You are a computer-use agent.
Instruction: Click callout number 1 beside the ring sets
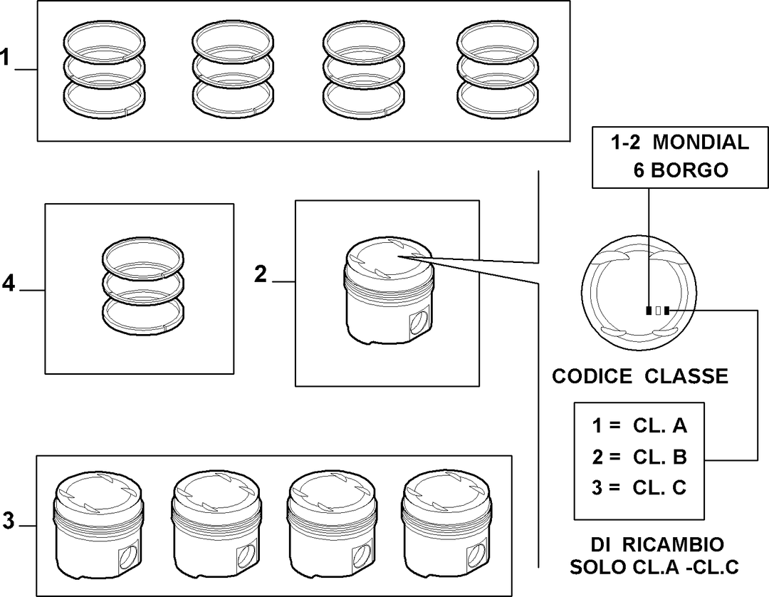5,58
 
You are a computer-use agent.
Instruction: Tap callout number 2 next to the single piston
261,274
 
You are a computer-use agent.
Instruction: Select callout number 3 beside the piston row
9,521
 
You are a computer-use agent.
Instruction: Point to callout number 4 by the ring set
9,283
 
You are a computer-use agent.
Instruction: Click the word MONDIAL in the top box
701,142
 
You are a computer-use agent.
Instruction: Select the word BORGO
689,170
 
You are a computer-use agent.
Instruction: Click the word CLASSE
686,376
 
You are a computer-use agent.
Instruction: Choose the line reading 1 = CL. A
639,425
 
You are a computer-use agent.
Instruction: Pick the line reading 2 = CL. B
639,457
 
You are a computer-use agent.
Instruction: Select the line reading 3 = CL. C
639,487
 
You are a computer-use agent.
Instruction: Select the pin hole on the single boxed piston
419,322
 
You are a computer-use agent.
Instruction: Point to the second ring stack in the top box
232,69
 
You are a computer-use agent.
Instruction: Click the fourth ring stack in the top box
497,69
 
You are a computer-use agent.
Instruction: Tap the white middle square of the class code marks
658,311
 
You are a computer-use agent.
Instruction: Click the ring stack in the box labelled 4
142,286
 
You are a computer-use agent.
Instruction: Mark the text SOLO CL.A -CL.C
654,567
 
